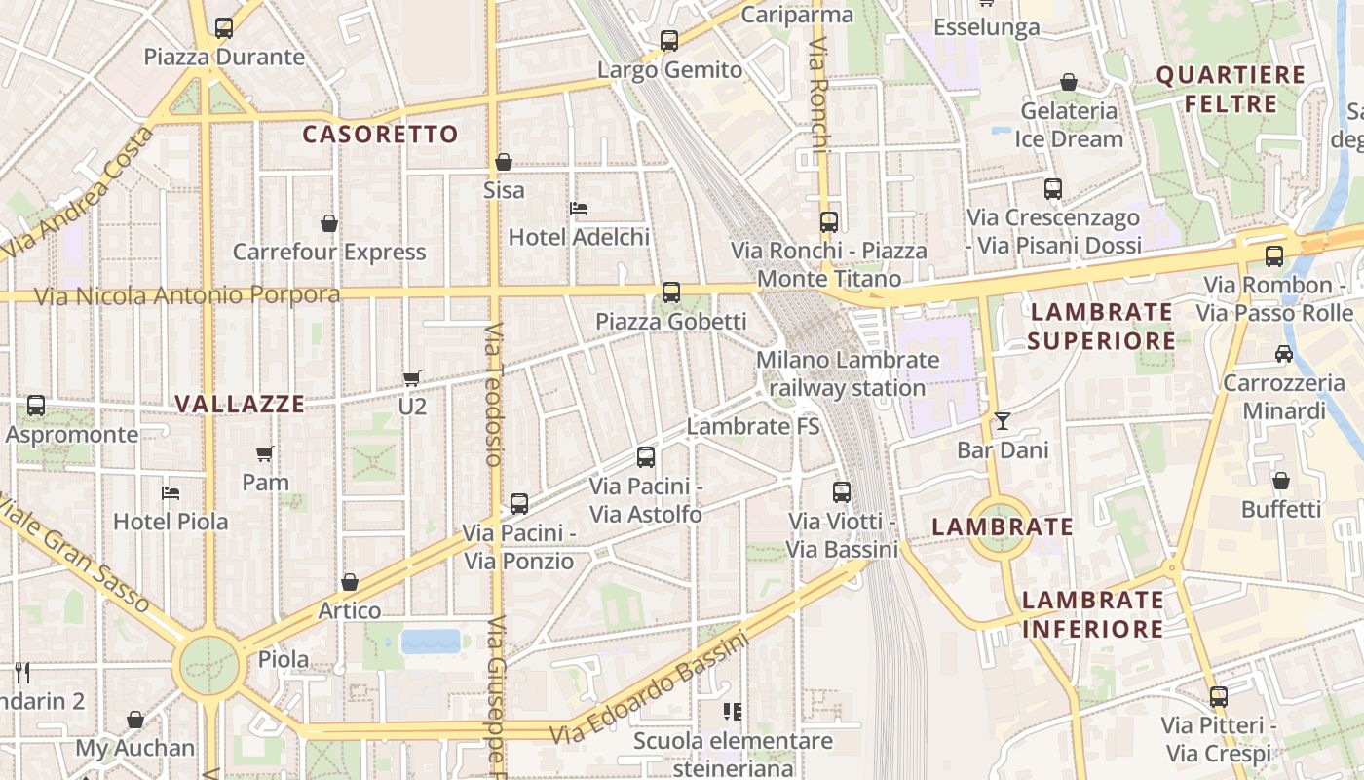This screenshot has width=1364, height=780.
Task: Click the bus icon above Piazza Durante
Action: pyautogui.click(x=224, y=28)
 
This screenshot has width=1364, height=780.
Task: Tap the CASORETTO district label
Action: pyautogui.click(x=380, y=135)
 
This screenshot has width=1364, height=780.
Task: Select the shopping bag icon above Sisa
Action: pyautogui.click(x=504, y=162)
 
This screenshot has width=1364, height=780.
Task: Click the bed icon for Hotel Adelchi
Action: pyautogui.click(x=579, y=209)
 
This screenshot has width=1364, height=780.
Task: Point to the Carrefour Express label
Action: pyautogui.click(x=329, y=252)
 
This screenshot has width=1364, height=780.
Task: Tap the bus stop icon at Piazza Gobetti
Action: pyautogui.click(x=670, y=292)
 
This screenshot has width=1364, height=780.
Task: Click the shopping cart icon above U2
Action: pyautogui.click(x=412, y=378)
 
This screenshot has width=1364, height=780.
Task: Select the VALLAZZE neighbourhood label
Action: pyautogui.click(x=241, y=404)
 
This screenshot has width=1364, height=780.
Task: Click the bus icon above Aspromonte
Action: pyautogui.click(x=36, y=406)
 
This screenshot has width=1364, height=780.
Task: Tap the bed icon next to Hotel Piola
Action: pyautogui.click(x=170, y=493)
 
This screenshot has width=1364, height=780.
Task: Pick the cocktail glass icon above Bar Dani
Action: pyautogui.click(x=1003, y=421)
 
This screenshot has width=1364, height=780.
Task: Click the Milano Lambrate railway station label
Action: pyautogui.click(x=848, y=373)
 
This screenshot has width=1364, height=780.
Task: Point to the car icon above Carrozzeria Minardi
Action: pyautogui.click(x=1284, y=354)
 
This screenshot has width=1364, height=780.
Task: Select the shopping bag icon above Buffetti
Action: pyautogui.click(x=1281, y=481)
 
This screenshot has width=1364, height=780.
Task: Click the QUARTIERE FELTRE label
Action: pyautogui.click(x=1231, y=90)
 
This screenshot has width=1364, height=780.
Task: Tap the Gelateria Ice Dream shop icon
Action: pyautogui.click(x=1069, y=83)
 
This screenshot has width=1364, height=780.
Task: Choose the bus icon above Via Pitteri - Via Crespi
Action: pyautogui.click(x=1218, y=697)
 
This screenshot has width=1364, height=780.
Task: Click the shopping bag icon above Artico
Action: pyautogui.click(x=350, y=583)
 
